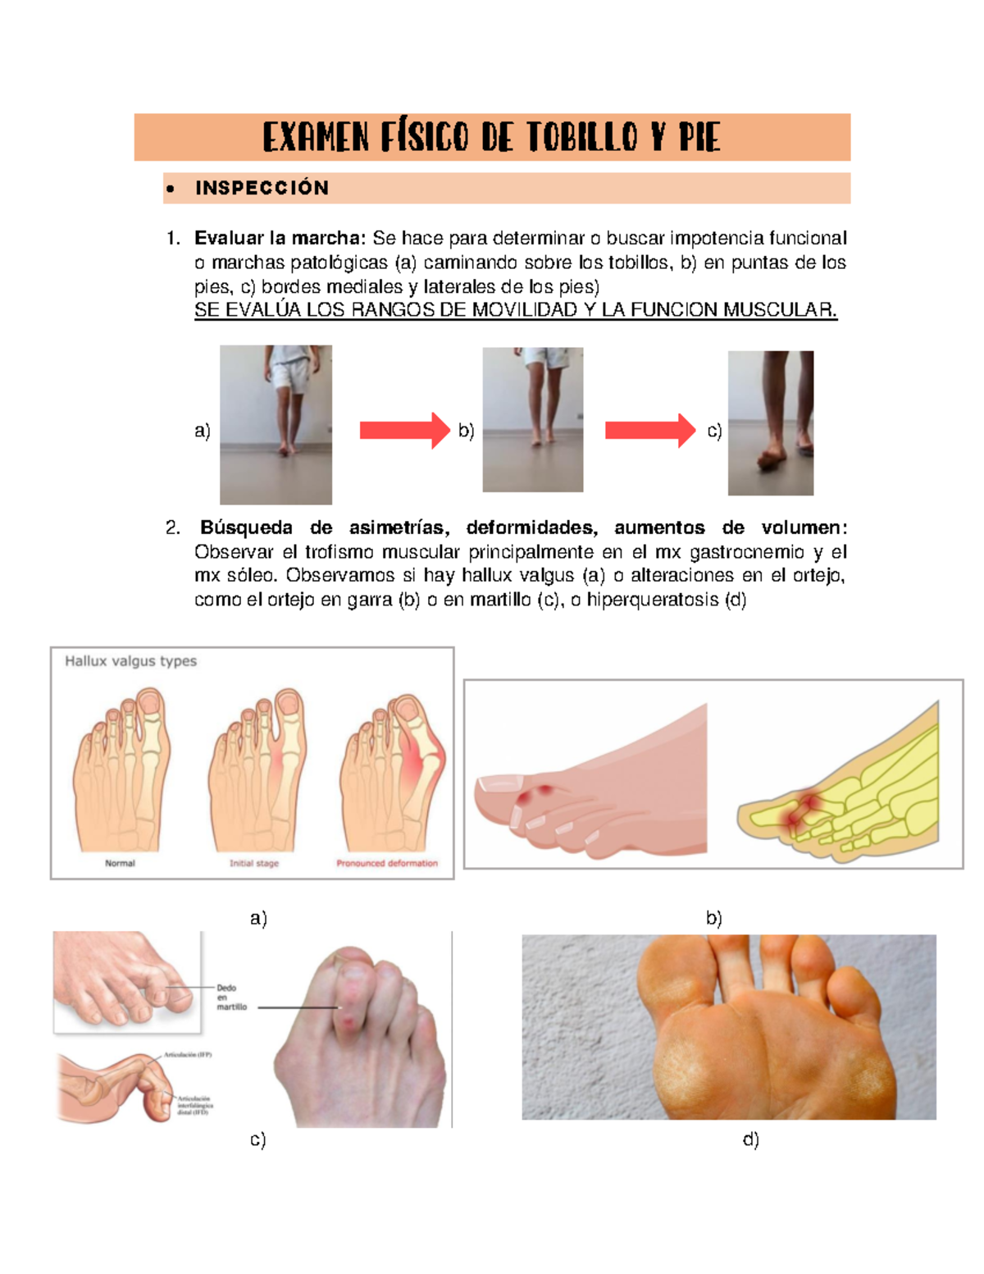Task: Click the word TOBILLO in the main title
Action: pyautogui.click(x=581, y=138)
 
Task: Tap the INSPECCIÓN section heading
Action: pyautogui.click(x=262, y=189)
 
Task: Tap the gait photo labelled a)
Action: pyautogui.click(x=276, y=424)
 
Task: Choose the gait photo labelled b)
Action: pyautogui.click(x=532, y=419)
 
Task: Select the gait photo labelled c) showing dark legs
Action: pyautogui.click(x=770, y=423)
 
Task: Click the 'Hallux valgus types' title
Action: pyautogui.click(x=130, y=661)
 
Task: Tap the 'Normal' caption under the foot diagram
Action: pyautogui.click(x=120, y=863)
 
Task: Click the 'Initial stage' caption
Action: pyautogui.click(x=253, y=863)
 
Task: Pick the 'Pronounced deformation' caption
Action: pyautogui.click(x=386, y=863)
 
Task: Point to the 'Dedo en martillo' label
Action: pyautogui.click(x=230, y=997)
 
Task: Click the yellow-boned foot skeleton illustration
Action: pyautogui.click(x=840, y=788)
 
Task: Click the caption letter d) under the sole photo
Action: pyautogui.click(x=750, y=1139)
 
